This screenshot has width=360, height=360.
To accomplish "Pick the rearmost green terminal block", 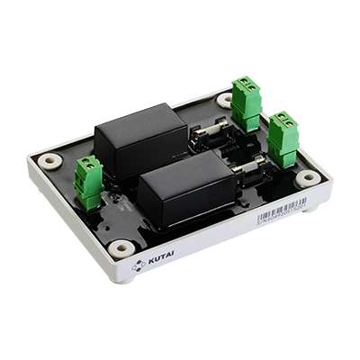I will click(245, 103).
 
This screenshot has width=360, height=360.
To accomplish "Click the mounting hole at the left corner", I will click(49, 163).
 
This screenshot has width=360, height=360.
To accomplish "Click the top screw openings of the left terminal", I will click(87, 165).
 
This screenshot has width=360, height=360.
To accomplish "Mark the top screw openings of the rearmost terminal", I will click(245, 86).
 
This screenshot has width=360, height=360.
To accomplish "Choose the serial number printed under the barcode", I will click(277, 224).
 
